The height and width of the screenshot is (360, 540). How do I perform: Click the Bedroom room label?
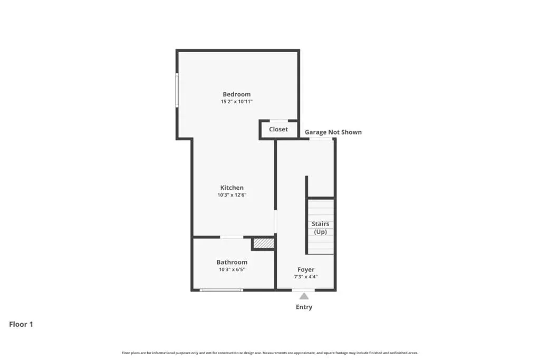coord(237,94)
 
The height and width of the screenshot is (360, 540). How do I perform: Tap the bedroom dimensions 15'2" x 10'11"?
coord(237,102)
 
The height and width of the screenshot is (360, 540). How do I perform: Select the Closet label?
coord(278,130)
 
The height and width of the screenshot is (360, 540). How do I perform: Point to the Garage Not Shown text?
coord(333,132)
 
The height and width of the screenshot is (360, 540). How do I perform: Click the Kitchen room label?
coord(232,188)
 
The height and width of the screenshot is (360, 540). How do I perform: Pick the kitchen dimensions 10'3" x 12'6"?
coord(232,195)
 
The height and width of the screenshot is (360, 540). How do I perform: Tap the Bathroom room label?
coord(232,262)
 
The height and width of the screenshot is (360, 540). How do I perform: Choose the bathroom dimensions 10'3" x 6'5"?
coord(232,269)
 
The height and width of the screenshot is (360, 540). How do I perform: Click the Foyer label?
coord(306,270)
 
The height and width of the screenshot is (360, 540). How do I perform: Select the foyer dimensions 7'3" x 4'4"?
coord(306,277)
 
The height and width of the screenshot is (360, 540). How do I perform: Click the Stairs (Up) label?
coord(320,228)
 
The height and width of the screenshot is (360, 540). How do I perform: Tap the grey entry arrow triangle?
coord(304,296)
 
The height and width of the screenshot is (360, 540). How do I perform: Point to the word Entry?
coord(304,307)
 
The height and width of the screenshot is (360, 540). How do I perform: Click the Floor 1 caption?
coord(21,324)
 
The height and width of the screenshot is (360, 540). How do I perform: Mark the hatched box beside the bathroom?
coord(264,244)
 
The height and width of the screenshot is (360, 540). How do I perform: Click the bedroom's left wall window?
coord(177,90)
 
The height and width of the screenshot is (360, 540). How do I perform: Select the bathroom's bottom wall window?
coord(221,290)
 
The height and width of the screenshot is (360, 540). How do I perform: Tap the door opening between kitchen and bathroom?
coord(232,237)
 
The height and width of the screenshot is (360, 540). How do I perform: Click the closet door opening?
coord(278,121)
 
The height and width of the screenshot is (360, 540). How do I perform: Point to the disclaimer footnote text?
coord(270,353)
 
